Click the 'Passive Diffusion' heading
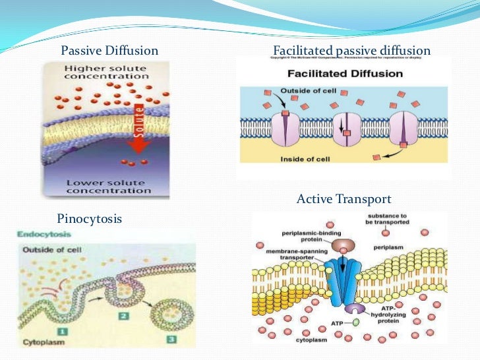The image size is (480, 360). [109, 51]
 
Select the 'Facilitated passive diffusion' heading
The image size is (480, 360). [351, 51]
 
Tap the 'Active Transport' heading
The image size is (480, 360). [344, 198]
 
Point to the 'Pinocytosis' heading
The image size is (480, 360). [90, 218]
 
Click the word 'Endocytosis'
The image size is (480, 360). [40, 234]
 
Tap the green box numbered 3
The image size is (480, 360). [172, 338]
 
